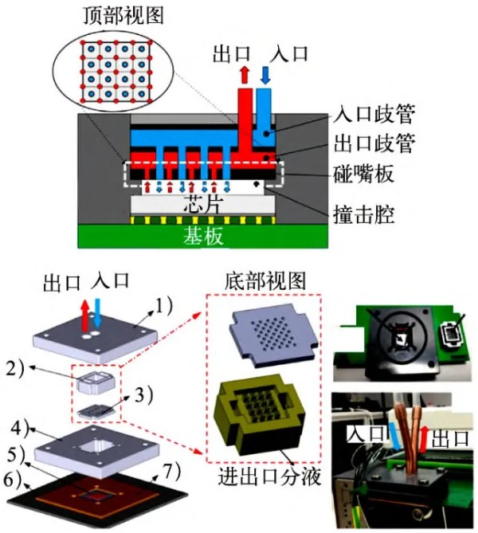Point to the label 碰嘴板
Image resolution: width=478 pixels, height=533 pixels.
(368, 170)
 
